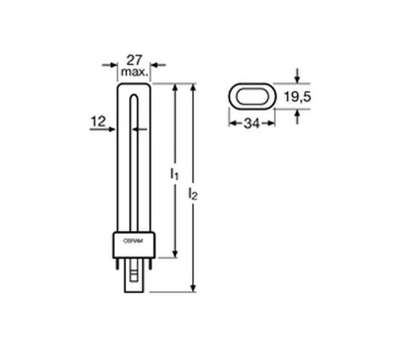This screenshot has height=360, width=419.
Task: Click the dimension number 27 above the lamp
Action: (134, 60)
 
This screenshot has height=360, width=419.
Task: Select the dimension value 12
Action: (97, 120)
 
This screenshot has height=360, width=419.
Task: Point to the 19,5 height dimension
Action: (297, 97)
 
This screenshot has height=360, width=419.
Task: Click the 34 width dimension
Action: (251, 124)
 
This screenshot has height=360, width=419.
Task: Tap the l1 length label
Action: (174, 174)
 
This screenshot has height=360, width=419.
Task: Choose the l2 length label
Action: (193, 193)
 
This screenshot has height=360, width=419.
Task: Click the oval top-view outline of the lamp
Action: (252, 97)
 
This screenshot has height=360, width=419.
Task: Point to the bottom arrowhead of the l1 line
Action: (175, 254)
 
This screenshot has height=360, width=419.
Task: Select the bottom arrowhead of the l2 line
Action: (193, 288)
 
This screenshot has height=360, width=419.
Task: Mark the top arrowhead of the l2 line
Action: (193, 88)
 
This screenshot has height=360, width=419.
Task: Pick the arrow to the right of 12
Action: (111, 129)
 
